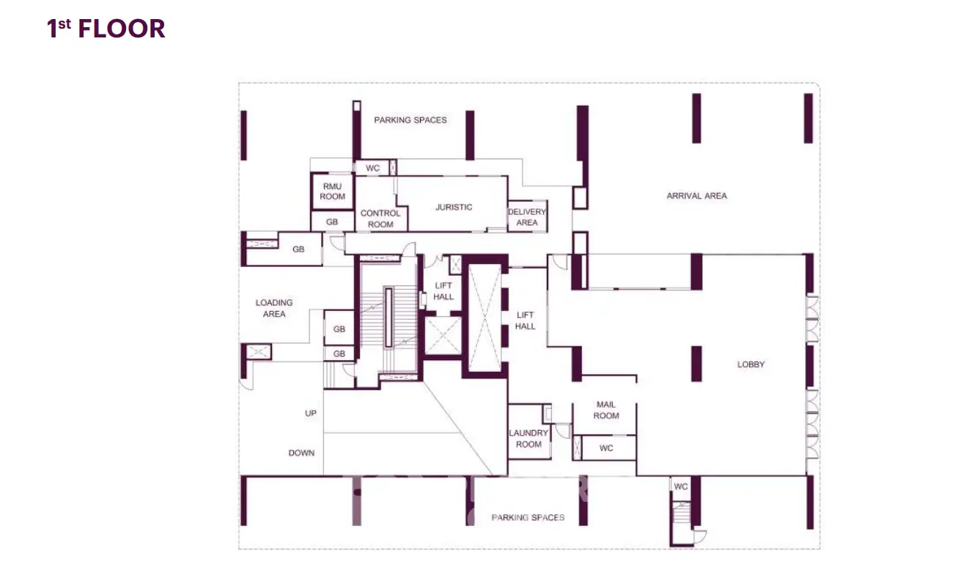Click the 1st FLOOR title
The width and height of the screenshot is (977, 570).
(106, 29)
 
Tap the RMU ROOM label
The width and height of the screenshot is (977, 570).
(332, 191)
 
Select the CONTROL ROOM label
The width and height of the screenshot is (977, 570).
(380, 219)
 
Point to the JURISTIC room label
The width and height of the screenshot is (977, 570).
(454, 208)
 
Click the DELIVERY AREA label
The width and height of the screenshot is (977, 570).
(527, 217)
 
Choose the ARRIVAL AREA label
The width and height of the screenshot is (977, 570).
(696, 196)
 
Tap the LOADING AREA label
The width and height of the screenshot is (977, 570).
(274, 308)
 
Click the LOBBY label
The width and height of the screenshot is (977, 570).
(751, 365)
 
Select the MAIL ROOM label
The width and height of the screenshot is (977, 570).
(606, 410)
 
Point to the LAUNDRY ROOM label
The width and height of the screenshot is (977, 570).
(528, 439)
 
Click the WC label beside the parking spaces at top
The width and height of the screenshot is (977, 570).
(372, 168)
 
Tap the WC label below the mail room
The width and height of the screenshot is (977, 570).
(606, 448)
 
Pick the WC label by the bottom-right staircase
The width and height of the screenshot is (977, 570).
(680, 486)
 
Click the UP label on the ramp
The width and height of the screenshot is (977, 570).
(311, 413)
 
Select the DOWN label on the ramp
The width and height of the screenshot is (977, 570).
(301, 453)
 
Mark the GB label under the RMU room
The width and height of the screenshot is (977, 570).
(332, 222)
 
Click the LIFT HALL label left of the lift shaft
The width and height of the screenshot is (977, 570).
(443, 291)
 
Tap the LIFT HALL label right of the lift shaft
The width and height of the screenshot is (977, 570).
(525, 321)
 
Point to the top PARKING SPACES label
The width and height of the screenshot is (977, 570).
(410, 120)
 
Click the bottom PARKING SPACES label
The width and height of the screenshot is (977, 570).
(528, 518)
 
